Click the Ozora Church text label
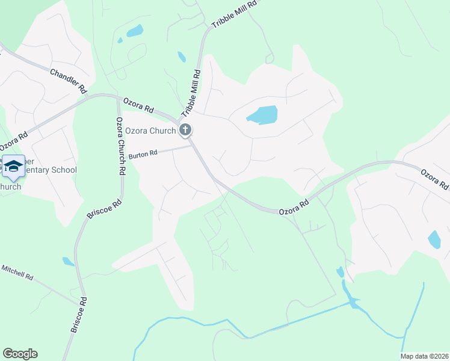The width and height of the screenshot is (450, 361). point(151,131)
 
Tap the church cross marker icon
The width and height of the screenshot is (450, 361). point(185,129)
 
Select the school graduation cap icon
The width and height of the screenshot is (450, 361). point(13,167)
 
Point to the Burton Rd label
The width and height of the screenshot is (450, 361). point(143,154)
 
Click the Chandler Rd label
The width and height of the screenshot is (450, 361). point(69,81)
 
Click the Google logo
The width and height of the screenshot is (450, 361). point(20,354)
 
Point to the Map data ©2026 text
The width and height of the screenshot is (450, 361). point(424,356)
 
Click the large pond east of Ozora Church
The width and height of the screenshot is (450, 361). point(262,114)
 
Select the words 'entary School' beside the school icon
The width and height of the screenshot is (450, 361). point(51,170)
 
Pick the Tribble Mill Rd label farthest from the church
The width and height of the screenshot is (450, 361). point(235,14)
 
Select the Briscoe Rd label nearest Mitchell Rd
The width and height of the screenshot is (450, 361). point(79,315)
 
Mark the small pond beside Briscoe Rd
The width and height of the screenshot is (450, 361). point(68,262)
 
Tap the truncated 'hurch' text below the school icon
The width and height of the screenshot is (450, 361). point(10,187)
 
